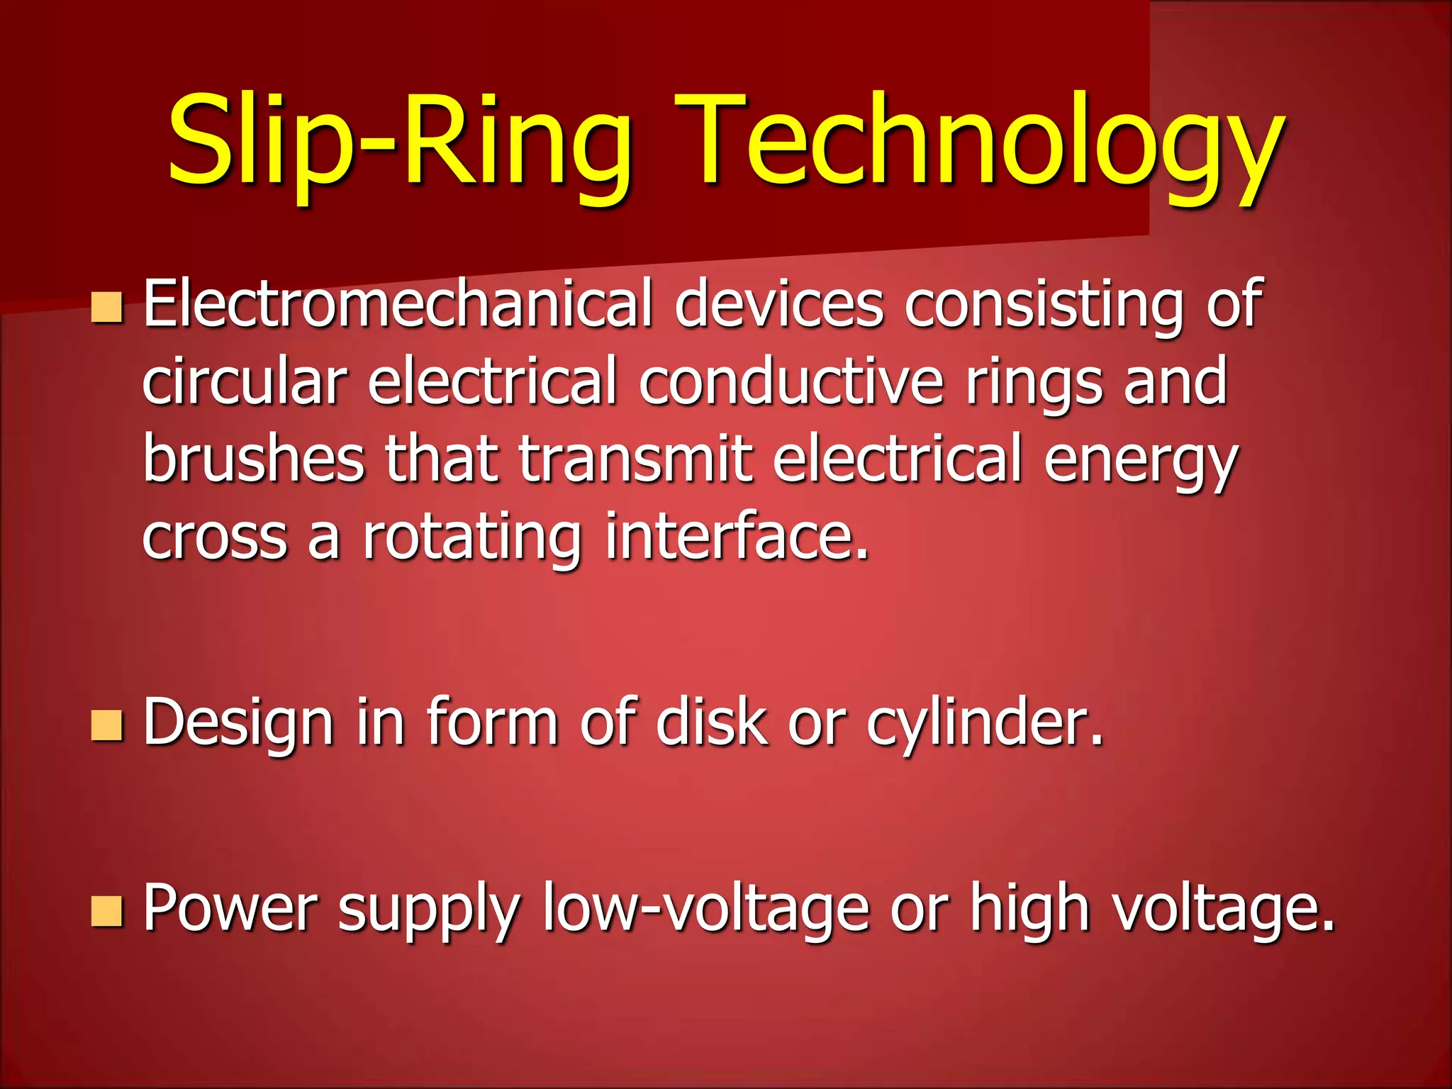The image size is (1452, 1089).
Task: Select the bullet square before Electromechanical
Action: point(107,308)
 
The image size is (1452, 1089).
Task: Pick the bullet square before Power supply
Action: point(107,911)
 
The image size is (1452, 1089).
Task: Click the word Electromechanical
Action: point(397,305)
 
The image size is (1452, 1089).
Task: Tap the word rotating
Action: point(471,539)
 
